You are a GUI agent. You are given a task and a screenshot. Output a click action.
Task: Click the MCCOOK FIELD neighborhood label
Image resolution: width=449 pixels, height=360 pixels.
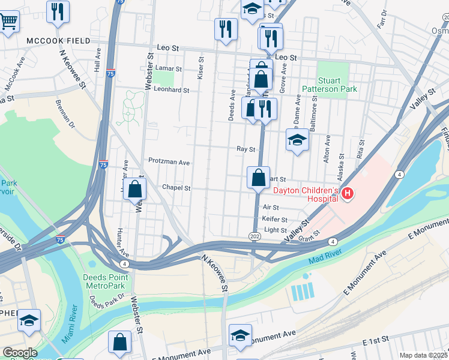(58, 41)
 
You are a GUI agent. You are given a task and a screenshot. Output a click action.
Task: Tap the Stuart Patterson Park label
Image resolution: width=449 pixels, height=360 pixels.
(337, 85)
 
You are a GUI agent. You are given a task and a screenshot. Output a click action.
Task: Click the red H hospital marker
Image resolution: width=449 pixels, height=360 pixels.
(348, 193)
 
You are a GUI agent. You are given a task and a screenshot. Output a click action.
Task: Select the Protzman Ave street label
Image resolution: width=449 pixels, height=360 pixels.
(169, 162)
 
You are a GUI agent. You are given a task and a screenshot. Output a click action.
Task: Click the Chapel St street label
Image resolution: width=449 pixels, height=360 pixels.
(176, 188)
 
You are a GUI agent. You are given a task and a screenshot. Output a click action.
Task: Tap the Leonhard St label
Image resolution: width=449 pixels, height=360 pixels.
(172, 90)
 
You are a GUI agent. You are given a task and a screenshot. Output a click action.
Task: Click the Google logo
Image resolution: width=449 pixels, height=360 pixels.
(20, 353)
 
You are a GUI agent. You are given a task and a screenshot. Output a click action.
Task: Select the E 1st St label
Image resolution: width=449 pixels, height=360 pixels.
(378, 343)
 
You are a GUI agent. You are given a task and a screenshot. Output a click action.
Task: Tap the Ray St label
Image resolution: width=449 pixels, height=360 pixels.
(242, 149)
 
